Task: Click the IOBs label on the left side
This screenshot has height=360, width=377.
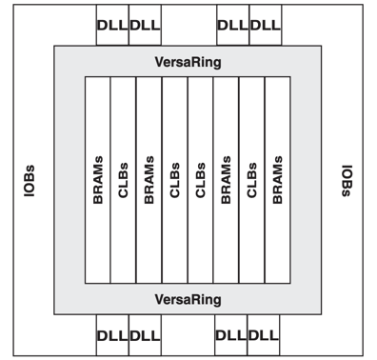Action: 31,180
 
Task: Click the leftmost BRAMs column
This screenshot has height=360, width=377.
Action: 98,180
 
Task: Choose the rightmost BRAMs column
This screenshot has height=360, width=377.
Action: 277,180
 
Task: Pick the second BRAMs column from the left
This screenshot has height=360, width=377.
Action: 149,180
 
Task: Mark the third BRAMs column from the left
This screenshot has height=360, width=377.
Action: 226,180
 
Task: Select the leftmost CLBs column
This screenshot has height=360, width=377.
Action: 124,180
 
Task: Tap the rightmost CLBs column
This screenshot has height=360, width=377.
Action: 251,180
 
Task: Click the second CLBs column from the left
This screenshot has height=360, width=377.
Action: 175,180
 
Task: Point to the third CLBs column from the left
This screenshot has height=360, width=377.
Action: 200,180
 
